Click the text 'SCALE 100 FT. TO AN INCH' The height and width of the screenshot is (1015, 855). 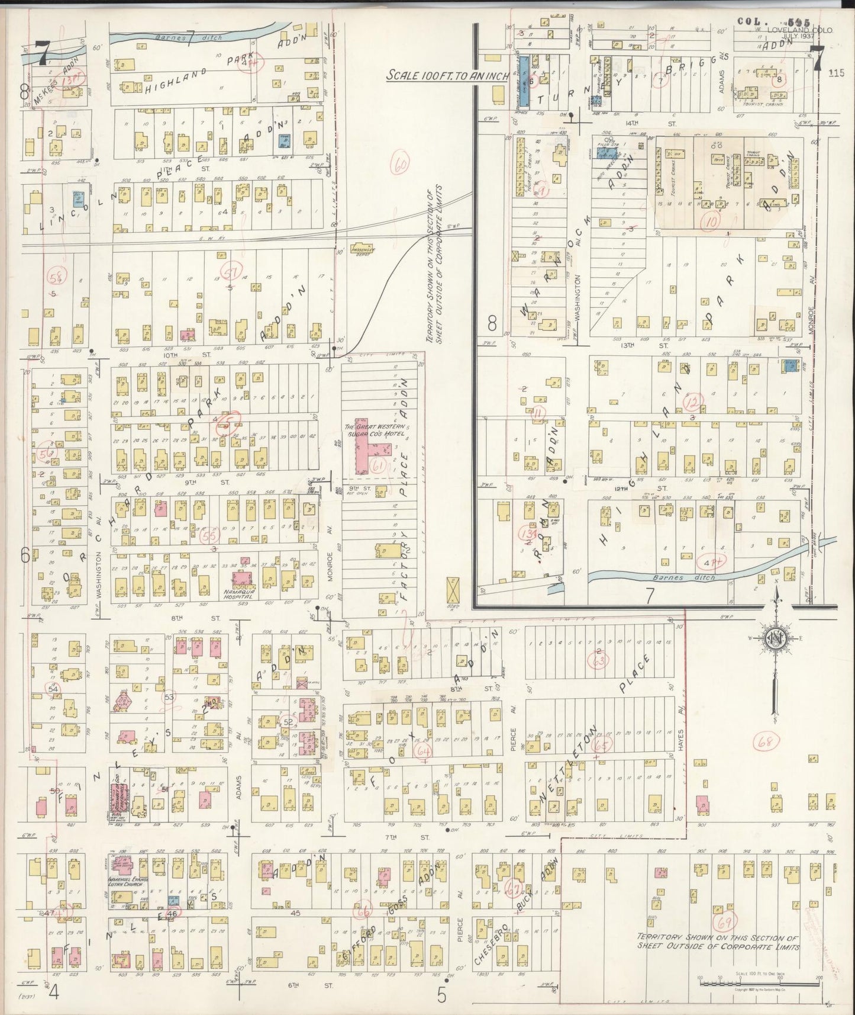(x=444, y=76)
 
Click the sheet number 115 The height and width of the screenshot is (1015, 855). (x=836, y=73)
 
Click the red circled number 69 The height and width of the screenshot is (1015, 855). (x=723, y=923)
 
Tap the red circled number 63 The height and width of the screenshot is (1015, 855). (x=600, y=660)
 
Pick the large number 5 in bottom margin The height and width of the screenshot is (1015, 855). (x=441, y=994)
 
